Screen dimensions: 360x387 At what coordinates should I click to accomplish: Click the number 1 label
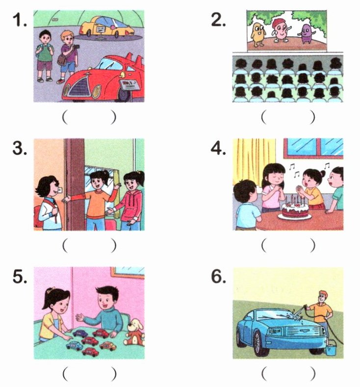[x=20, y=20]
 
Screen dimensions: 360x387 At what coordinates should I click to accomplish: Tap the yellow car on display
[x=106, y=26]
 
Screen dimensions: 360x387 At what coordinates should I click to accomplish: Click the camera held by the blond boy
[x=77, y=47]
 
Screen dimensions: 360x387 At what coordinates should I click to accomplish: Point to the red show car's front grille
[x=79, y=88]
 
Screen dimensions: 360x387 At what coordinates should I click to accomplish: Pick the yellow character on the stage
[x=258, y=34]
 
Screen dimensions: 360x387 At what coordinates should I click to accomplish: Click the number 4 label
[x=218, y=149]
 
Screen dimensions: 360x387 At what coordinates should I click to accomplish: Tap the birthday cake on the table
[x=295, y=209]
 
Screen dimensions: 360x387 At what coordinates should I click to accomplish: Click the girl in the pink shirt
[x=273, y=189]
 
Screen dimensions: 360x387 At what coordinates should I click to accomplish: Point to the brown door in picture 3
[x=74, y=184]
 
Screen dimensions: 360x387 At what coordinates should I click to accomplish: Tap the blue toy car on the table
[x=75, y=346]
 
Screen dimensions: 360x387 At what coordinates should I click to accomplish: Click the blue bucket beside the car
[x=331, y=347]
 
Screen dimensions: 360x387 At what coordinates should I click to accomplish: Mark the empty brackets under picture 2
[x=288, y=117]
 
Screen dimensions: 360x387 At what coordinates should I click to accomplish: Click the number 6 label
[x=219, y=277]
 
